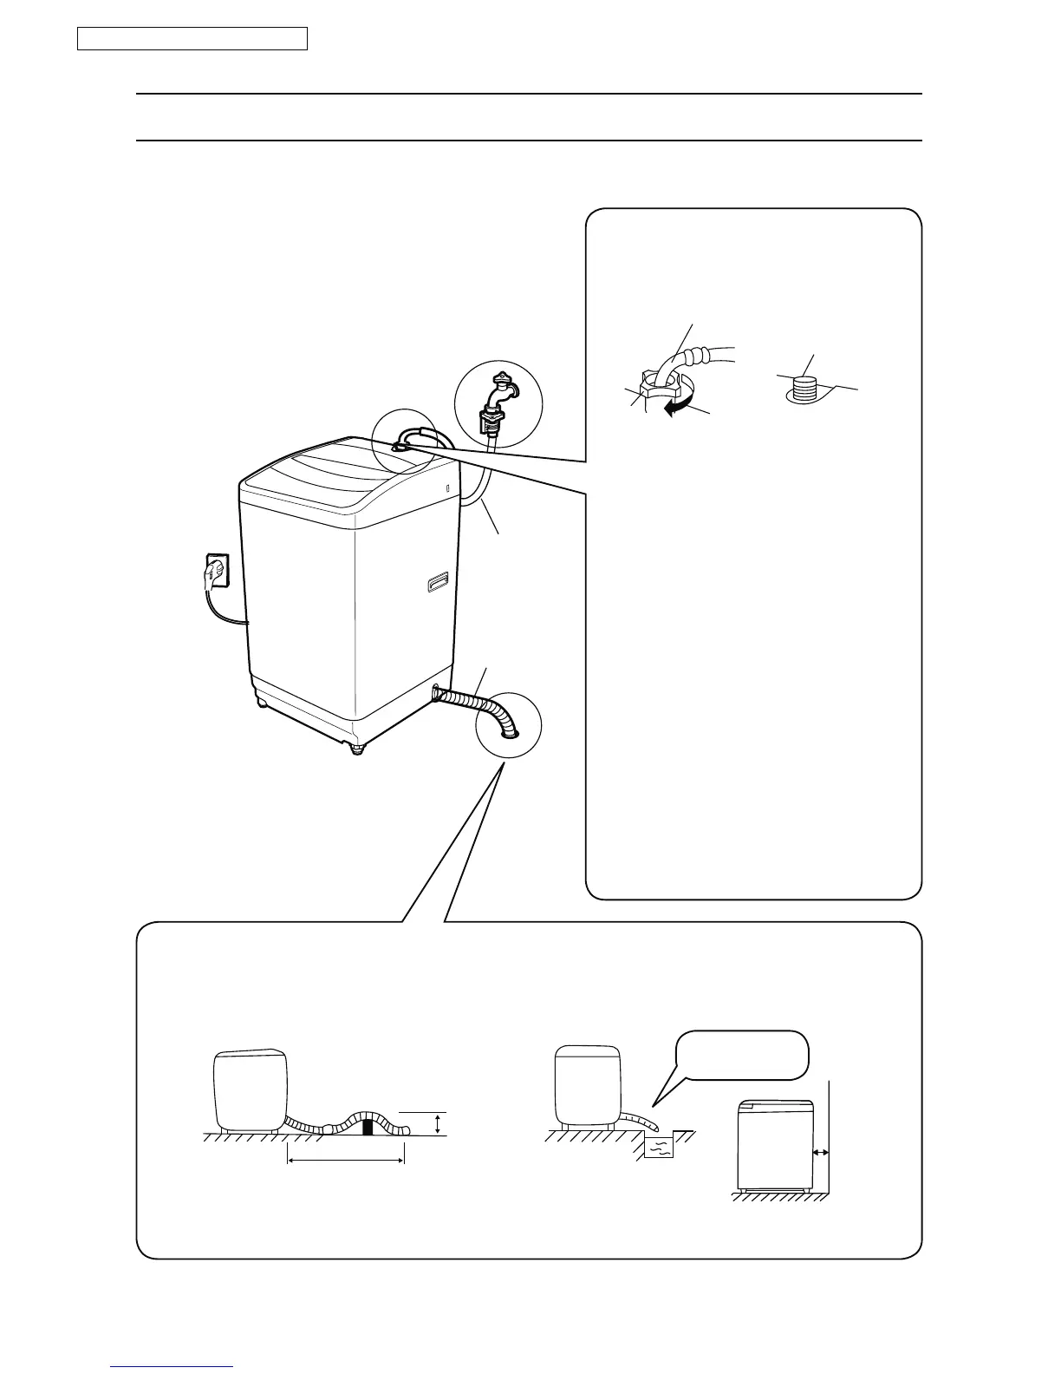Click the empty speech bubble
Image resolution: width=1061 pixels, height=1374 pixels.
(743, 1055)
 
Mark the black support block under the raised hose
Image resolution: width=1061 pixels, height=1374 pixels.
(368, 1128)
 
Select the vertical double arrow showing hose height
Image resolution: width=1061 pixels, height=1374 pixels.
(439, 1125)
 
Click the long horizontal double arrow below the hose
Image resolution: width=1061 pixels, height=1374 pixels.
(345, 1160)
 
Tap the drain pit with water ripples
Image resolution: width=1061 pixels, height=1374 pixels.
(658, 1147)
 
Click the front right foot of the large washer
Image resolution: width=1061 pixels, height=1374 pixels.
(355, 747)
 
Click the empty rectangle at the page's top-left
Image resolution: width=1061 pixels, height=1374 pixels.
(192, 39)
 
